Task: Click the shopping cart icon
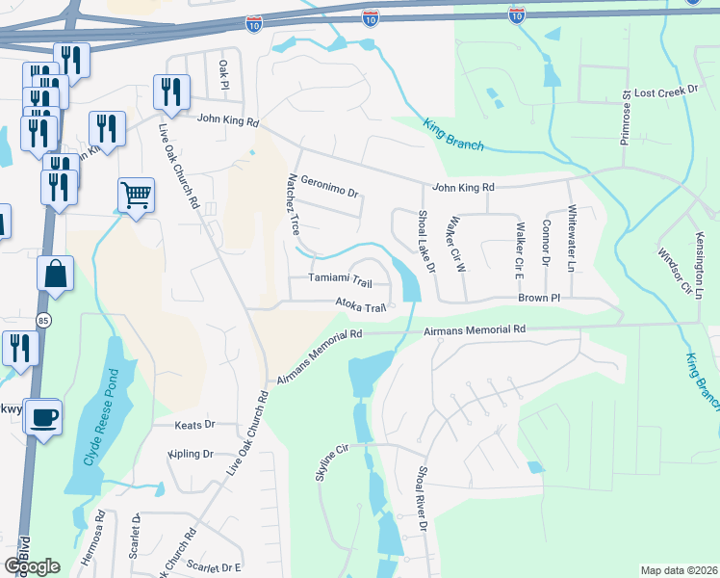click(x=136, y=196)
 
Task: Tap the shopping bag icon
click(x=55, y=274)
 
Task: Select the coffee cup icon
click(x=43, y=417)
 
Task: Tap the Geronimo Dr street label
click(x=328, y=184)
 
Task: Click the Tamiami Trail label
click(x=339, y=280)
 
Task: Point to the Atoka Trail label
click(x=360, y=306)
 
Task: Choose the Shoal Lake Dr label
click(x=425, y=241)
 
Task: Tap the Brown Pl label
click(x=538, y=299)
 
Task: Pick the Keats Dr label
click(x=193, y=424)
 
